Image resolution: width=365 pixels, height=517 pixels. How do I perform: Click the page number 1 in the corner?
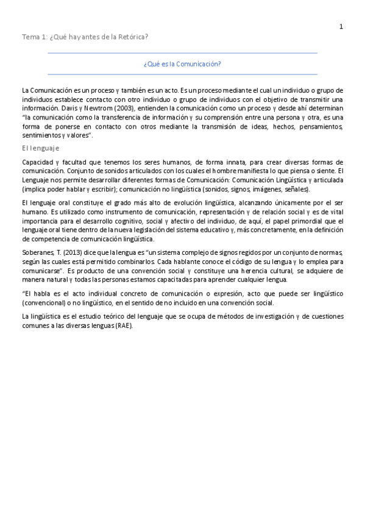[x=341, y=26]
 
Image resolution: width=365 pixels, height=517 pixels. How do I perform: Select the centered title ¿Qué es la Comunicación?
[x=182, y=63]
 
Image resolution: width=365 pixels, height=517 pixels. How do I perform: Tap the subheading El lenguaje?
[x=40, y=148]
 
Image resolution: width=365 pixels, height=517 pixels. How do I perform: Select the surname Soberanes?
[x=38, y=252]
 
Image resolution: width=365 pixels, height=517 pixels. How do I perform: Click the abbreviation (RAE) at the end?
[x=122, y=326]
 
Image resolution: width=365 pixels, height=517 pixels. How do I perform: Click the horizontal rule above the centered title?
[x=182, y=54]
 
